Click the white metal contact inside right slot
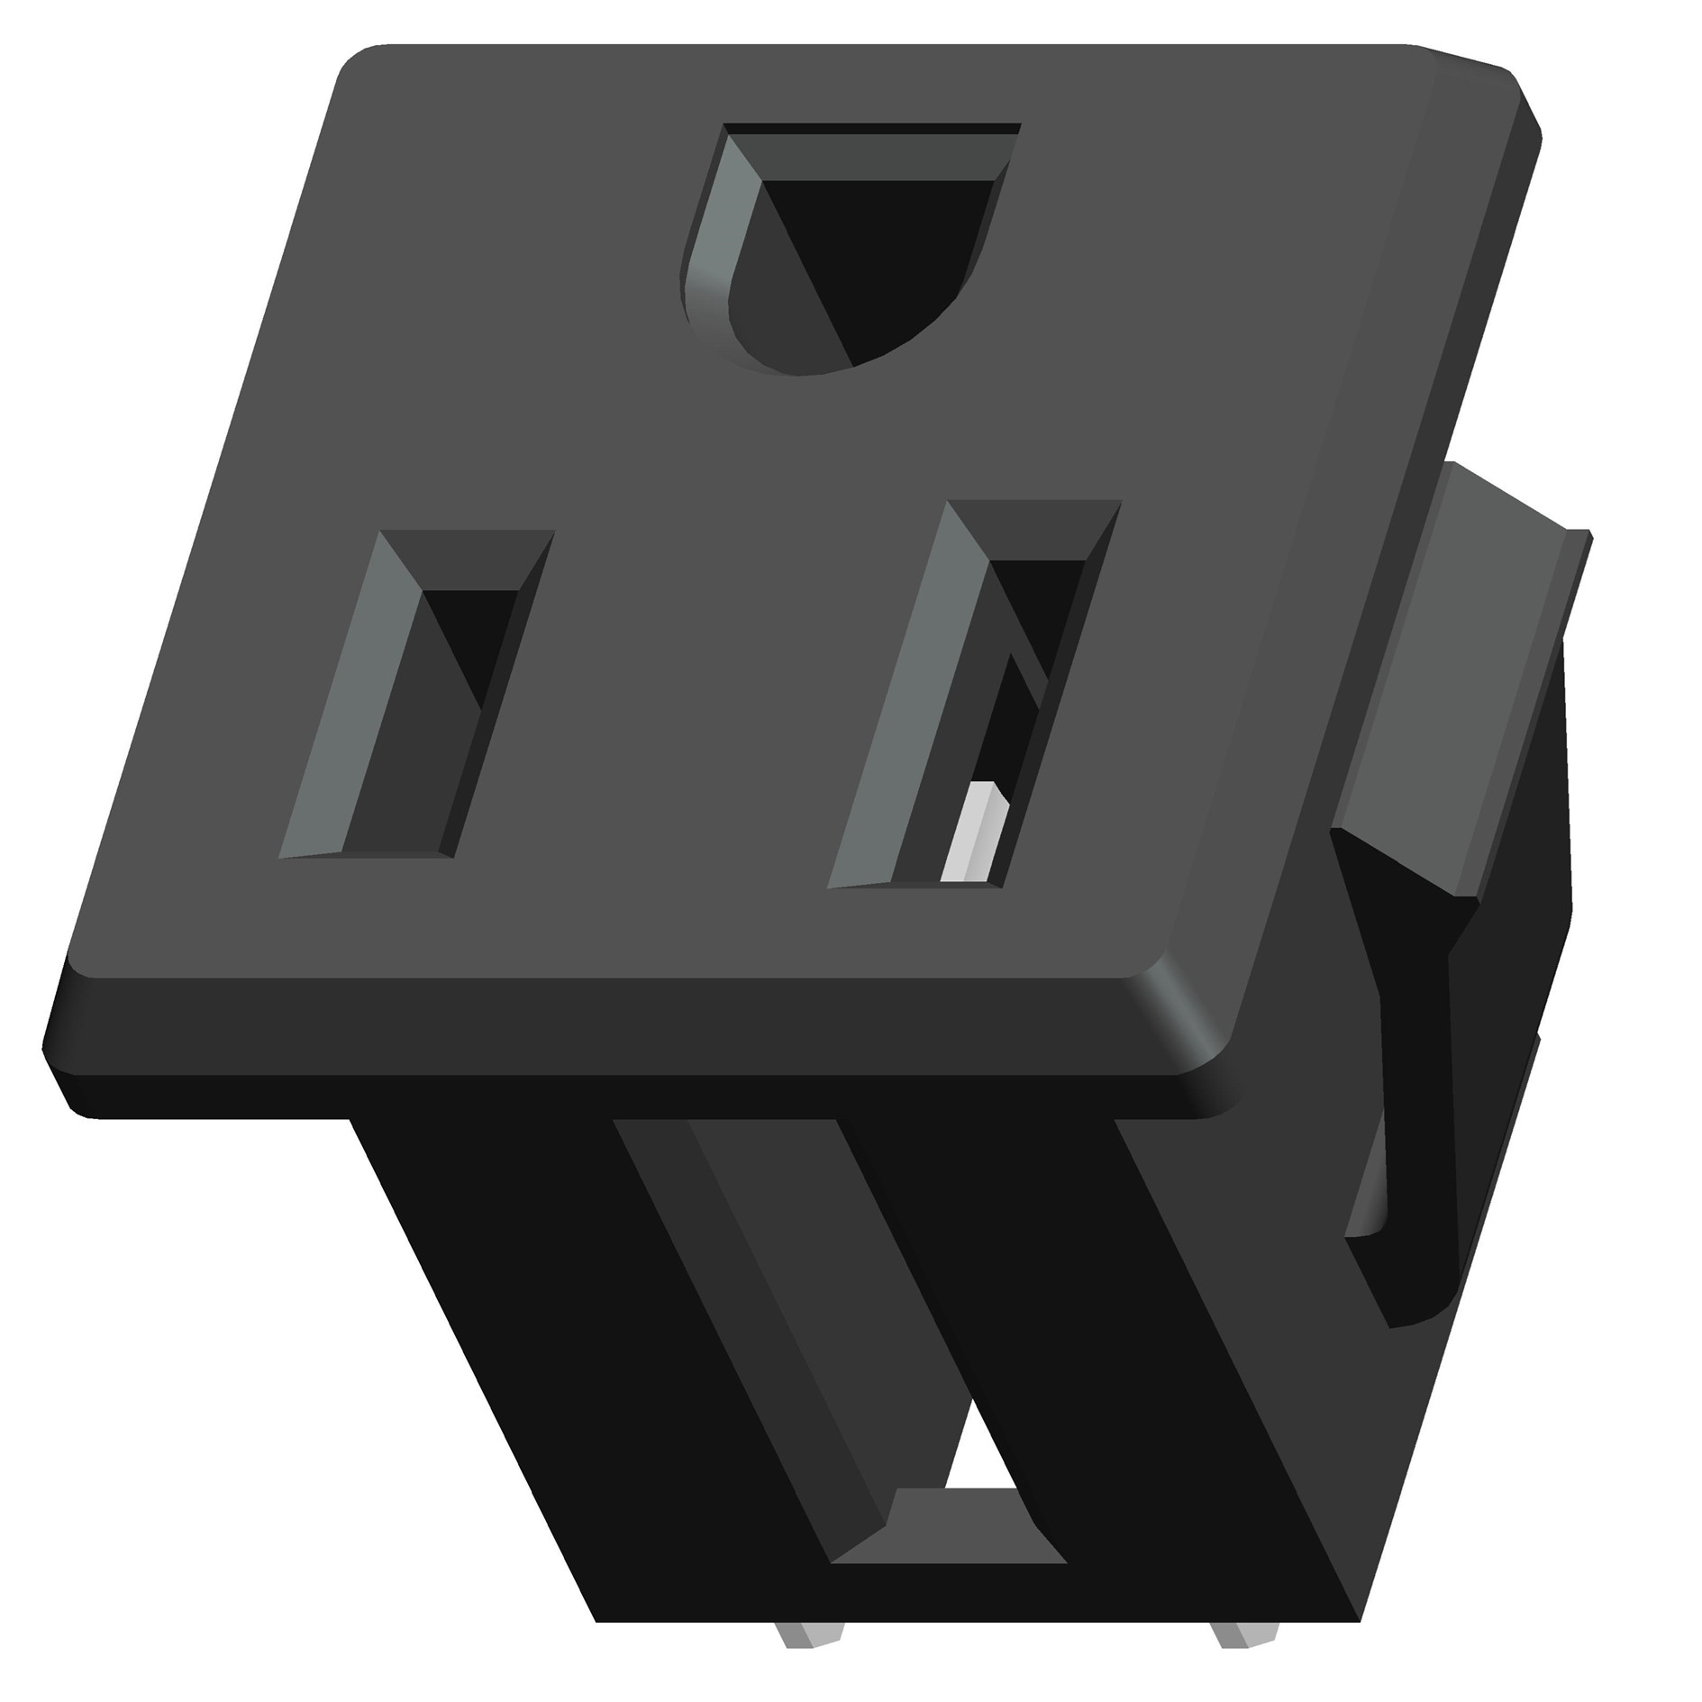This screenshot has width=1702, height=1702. [973, 833]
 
